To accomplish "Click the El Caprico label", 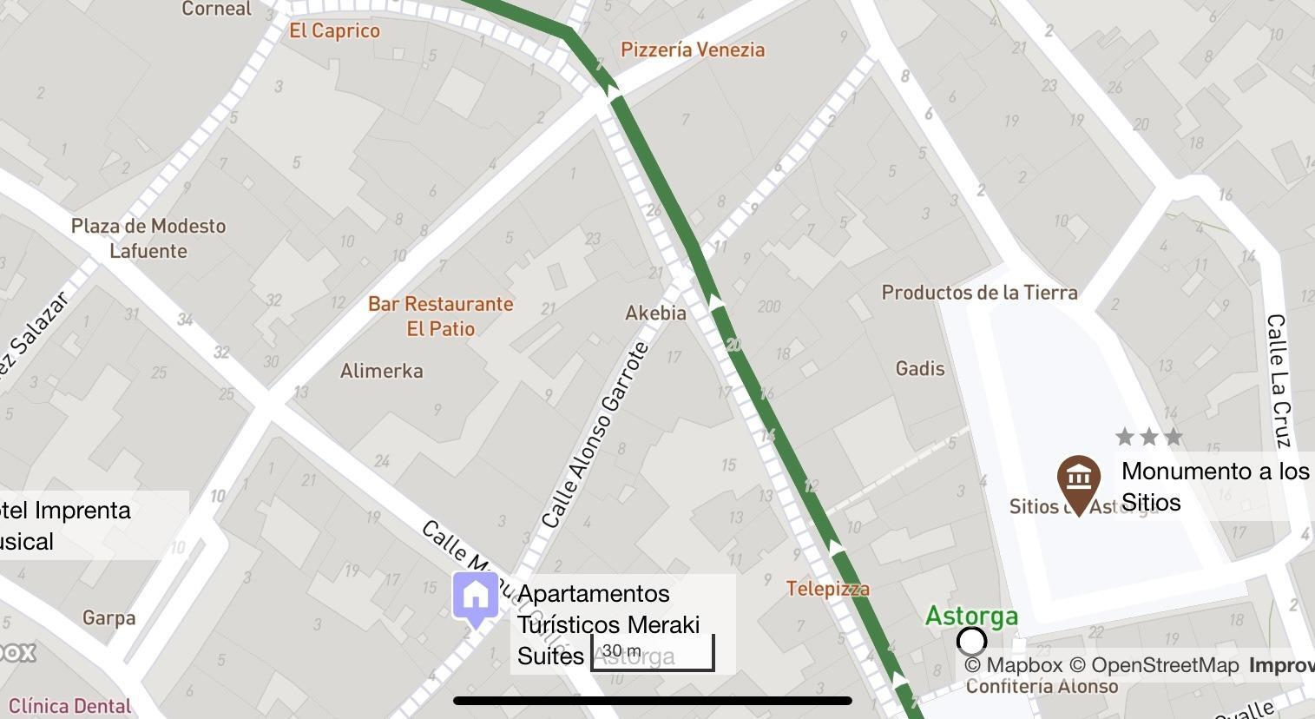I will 334,31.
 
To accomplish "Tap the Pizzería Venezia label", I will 693,49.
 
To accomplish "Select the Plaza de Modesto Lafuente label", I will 148,238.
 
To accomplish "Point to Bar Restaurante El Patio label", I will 441,316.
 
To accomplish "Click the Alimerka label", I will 382,371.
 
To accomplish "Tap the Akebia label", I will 655,313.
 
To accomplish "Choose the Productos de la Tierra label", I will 979,293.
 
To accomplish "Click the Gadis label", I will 920,369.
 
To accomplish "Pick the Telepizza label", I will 828,589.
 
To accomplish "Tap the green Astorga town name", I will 971,617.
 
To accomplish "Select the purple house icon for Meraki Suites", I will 476,597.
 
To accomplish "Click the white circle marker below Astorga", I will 971,642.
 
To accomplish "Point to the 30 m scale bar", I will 653,654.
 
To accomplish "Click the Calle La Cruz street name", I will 1279,380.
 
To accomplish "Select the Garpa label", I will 109,618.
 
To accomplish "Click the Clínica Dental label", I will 69,706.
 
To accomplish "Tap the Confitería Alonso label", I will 1042,686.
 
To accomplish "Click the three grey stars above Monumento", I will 1149,436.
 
